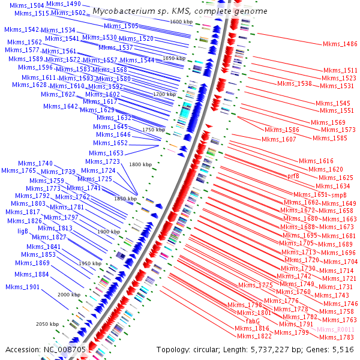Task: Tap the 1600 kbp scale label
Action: (x=181, y=22)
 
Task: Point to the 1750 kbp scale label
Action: (x=153, y=130)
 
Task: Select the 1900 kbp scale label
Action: (x=109, y=232)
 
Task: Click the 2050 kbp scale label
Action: (x=47, y=324)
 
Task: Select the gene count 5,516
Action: (x=342, y=349)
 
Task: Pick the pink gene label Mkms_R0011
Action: (x=336, y=330)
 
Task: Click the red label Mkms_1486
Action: (x=340, y=44)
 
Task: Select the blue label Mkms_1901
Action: (x=23, y=287)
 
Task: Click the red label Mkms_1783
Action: (x=337, y=338)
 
